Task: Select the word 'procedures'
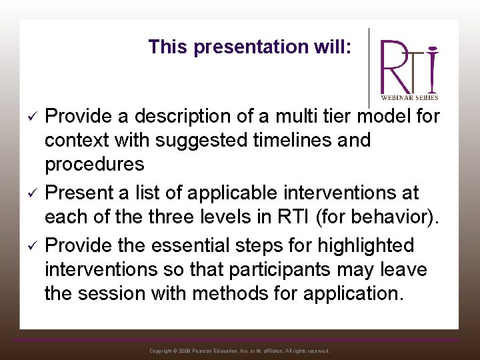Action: (x=94, y=165)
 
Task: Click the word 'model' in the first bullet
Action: (x=377, y=117)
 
